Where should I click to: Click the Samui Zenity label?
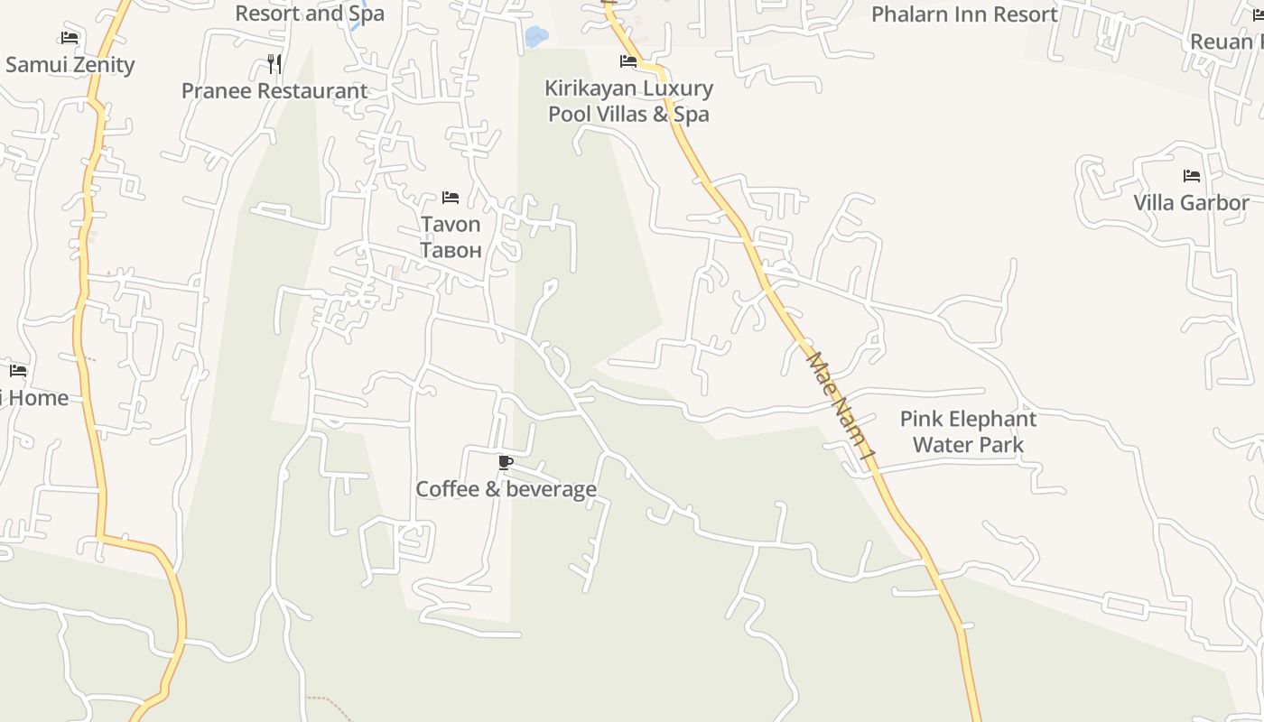click(70, 65)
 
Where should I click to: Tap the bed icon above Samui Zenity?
click(70, 38)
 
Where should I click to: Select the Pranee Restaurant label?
click(274, 91)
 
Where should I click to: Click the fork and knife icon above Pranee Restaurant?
click(274, 64)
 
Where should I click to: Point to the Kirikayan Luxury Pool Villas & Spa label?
click(628, 101)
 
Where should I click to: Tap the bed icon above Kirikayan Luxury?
click(628, 61)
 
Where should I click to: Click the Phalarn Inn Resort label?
click(964, 14)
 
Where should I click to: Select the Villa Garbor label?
click(1191, 202)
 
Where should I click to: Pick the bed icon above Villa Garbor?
click(1192, 176)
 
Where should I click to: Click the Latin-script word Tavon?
click(451, 224)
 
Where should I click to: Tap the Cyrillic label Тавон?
click(451, 250)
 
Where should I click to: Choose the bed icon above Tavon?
click(451, 198)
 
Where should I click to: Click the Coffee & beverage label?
click(506, 489)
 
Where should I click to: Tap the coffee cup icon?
click(506, 463)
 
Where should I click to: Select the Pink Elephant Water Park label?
click(968, 431)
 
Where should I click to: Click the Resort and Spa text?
click(310, 14)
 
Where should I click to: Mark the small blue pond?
click(535, 37)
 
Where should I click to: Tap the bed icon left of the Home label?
click(18, 371)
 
